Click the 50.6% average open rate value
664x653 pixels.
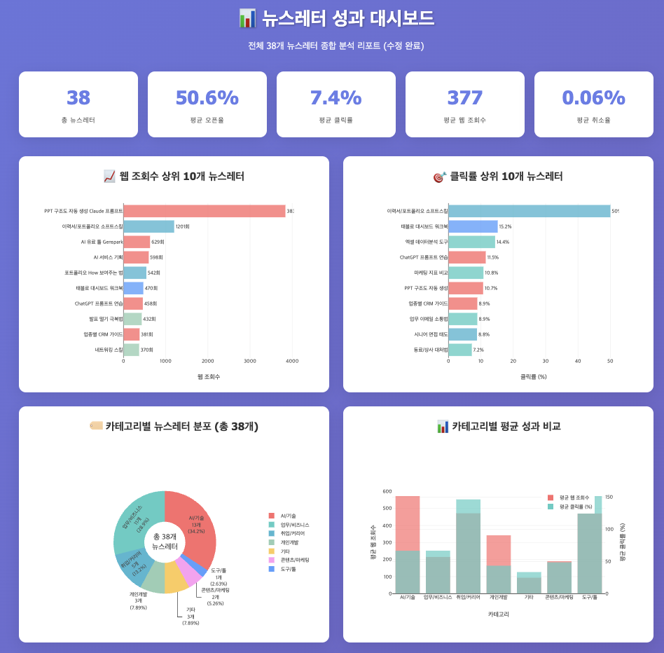coord(207,98)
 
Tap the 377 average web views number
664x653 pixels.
coord(464,98)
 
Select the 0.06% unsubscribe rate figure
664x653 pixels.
coord(593,98)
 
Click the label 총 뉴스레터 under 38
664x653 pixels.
coord(78,121)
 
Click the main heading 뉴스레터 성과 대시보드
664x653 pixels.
coord(347,19)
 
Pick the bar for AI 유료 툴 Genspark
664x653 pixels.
coord(137,242)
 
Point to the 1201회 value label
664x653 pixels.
coord(183,227)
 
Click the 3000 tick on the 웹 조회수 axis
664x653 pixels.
coord(250,362)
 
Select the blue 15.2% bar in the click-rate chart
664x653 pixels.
coord(473,226)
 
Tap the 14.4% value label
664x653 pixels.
coord(503,242)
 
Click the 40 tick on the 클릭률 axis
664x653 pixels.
coord(578,362)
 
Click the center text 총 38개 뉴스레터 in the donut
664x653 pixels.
coord(165,542)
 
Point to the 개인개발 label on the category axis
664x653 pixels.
coord(498,598)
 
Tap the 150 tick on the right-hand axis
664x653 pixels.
coord(609,497)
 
